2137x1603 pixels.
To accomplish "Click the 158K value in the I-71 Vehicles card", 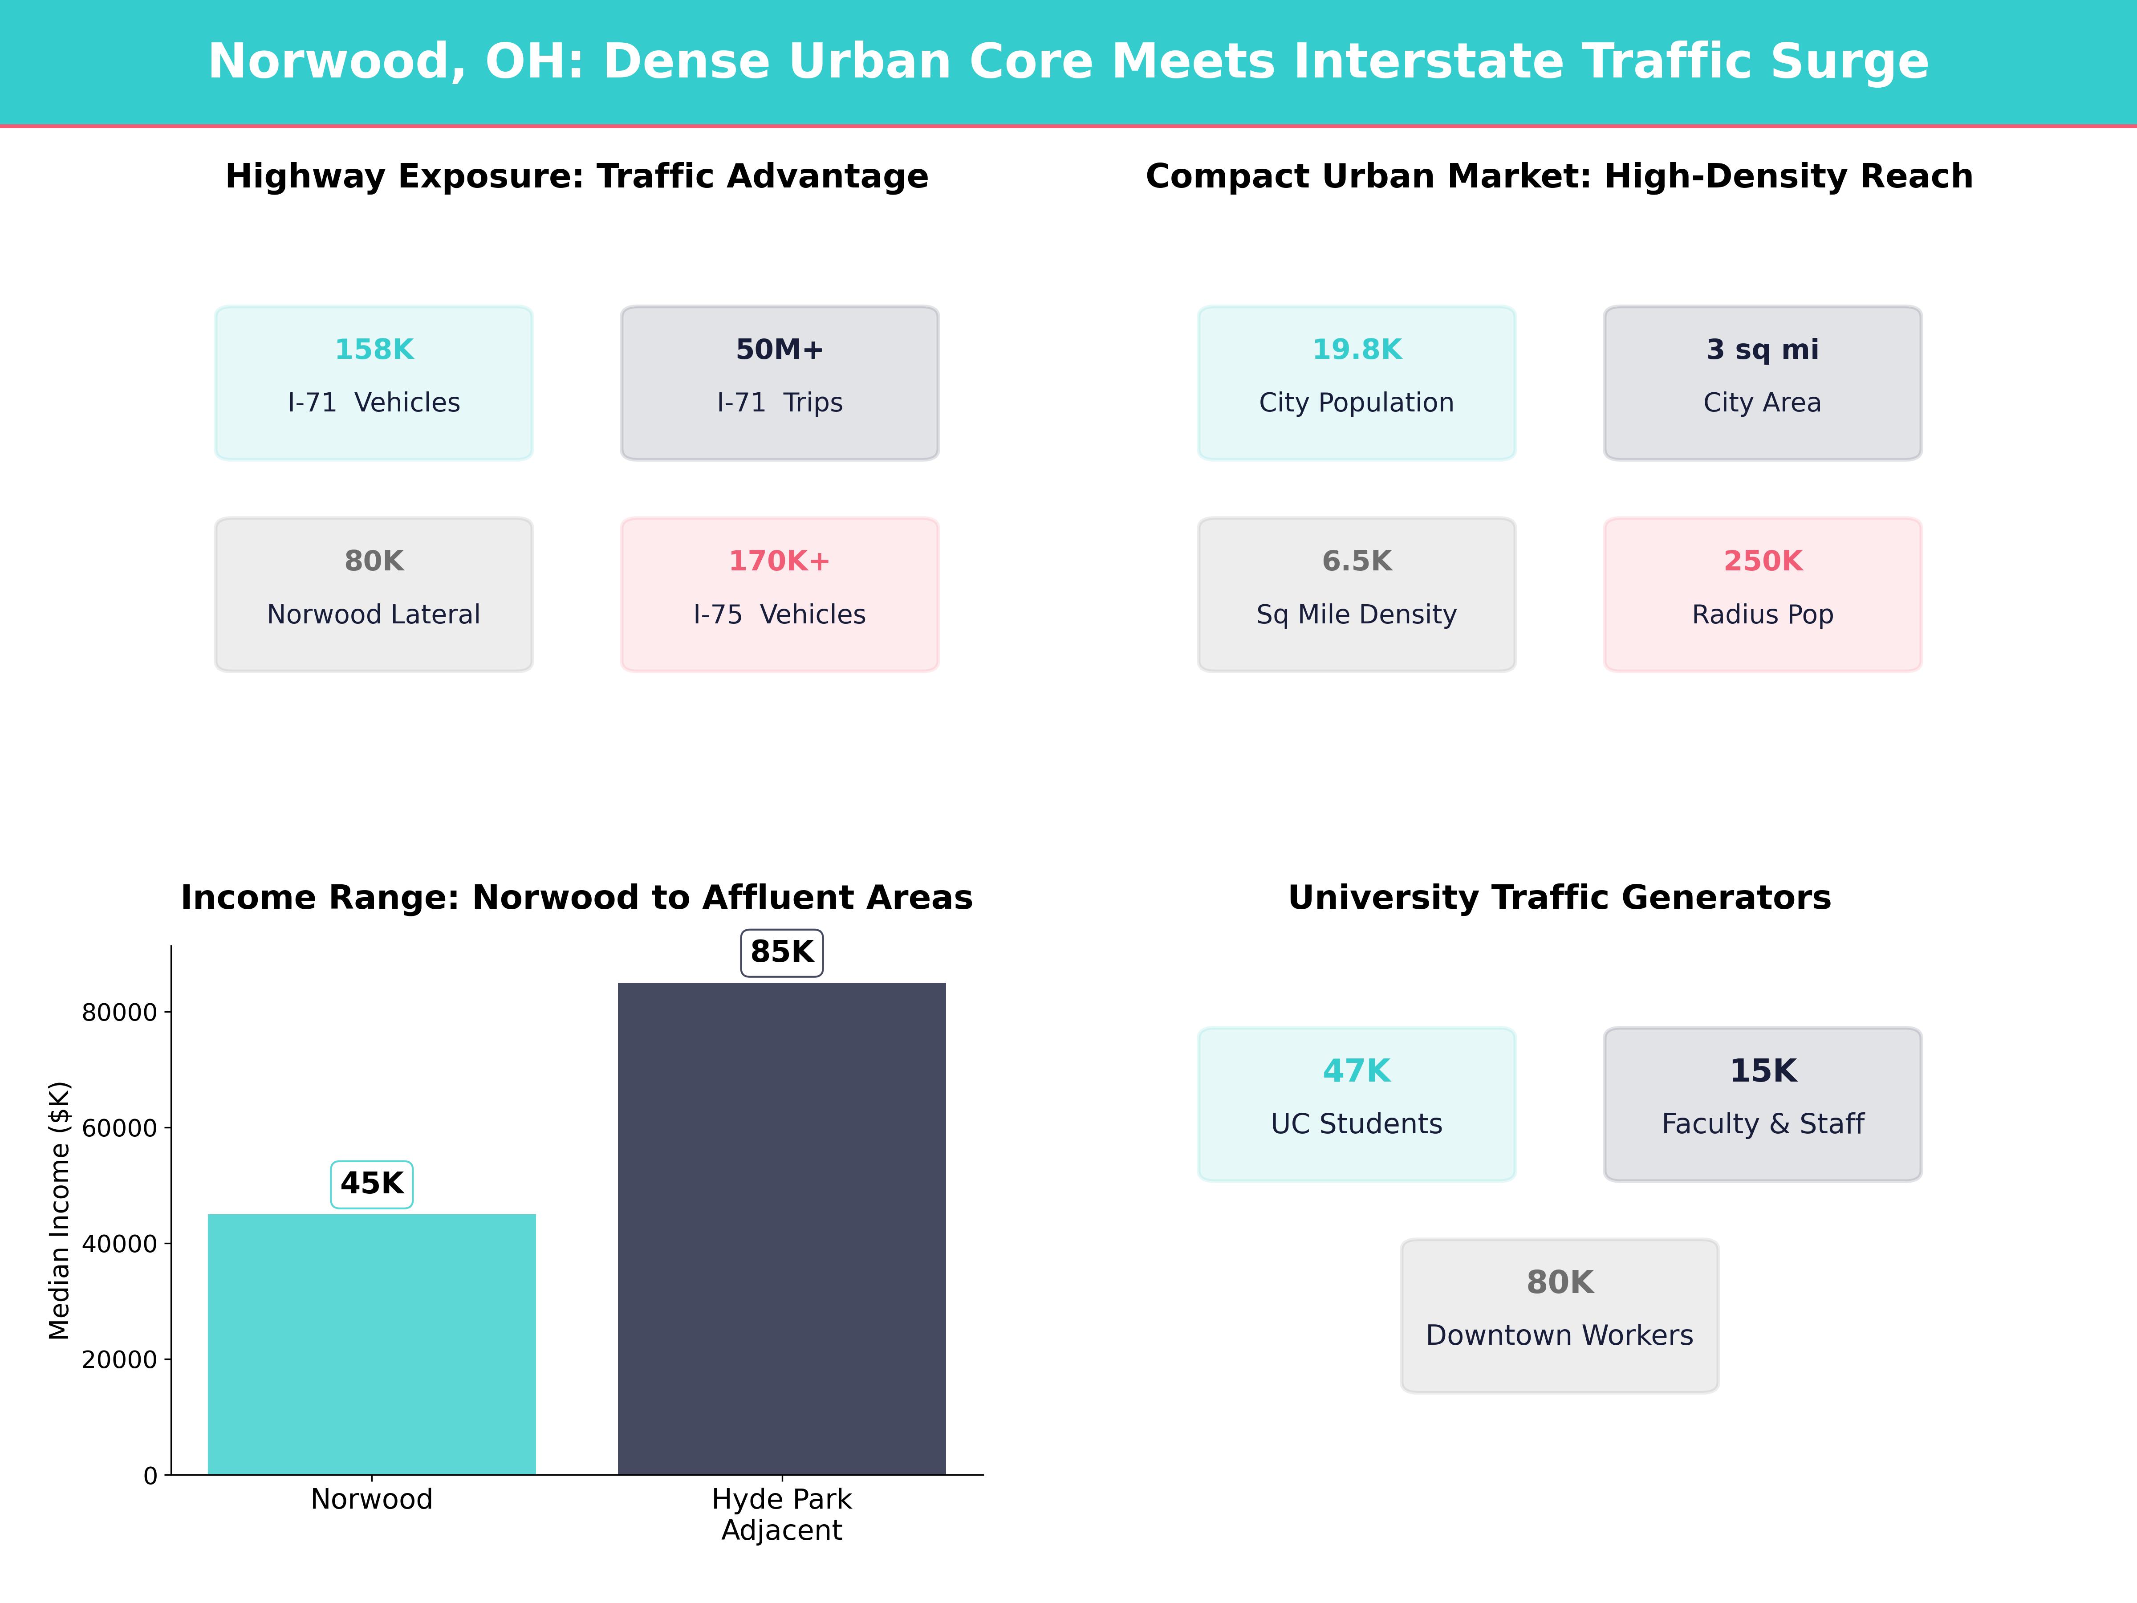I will [x=374, y=350].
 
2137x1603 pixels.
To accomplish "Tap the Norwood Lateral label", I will [x=374, y=614].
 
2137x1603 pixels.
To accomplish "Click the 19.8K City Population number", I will [x=1357, y=350].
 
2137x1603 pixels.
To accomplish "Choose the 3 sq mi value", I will [x=1762, y=350].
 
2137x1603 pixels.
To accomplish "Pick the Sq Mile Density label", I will [x=1357, y=614].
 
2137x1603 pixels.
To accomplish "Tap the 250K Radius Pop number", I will [x=1762, y=561].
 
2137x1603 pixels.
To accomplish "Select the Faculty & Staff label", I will [x=1762, y=1124].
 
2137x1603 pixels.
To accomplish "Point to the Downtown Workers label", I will [x=1559, y=1335].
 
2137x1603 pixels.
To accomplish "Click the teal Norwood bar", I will [x=372, y=1343].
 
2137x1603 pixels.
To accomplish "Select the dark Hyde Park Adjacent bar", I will [x=782, y=1227].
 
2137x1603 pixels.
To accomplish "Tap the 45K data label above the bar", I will [x=372, y=1184].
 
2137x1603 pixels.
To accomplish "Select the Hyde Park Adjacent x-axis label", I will [x=782, y=1514].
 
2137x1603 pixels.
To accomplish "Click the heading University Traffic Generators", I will [x=1559, y=898].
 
